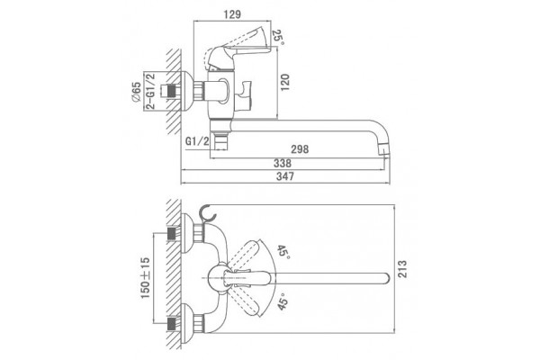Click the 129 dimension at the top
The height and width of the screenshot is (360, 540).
(232, 14)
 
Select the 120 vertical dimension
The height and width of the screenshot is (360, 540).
(285, 82)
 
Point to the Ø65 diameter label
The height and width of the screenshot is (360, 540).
(136, 92)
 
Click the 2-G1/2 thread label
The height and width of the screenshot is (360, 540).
(150, 91)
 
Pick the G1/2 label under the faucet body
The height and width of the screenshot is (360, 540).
(197, 141)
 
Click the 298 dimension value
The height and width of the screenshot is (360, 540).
(300, 149)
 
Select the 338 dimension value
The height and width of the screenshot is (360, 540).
(283, 163)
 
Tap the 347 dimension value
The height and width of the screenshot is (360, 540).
(285, 176)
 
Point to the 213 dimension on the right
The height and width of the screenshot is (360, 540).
(402, 269)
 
